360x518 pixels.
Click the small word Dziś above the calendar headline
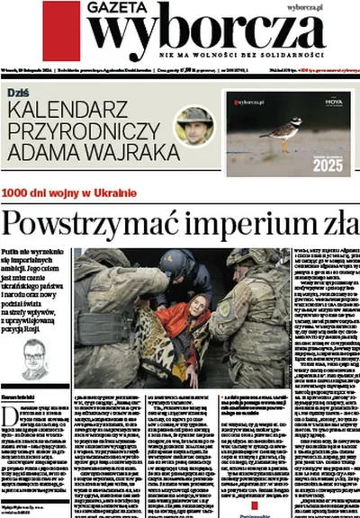(17, 93)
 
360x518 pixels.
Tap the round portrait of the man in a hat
(193, 126)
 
